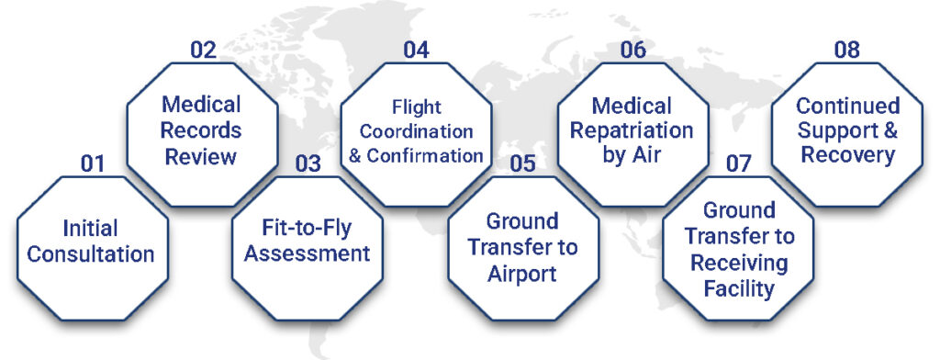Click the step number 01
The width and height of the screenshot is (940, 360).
[x=93, y=165]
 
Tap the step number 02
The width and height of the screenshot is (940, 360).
[x=202, y=49]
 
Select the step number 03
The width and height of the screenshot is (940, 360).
[x=308, y=165]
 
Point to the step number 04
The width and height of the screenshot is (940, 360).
[x=416, y=49]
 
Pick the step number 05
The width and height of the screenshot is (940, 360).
[x=522, y=165]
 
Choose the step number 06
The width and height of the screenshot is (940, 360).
[x=632, y=49]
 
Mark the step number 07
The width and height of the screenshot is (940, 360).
[x=739, y=165]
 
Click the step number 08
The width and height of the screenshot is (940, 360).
[x=846, y=49]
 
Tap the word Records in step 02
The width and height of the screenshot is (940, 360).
[x=203, y=130]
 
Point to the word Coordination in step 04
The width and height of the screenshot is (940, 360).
[x=417, y=132]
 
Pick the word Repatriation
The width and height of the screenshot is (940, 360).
[x=632, y=130]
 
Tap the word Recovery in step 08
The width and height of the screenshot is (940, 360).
[x=847, y=154]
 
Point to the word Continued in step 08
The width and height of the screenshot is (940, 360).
[x=847, y=107]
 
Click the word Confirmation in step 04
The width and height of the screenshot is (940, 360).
[x=425, y=155]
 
